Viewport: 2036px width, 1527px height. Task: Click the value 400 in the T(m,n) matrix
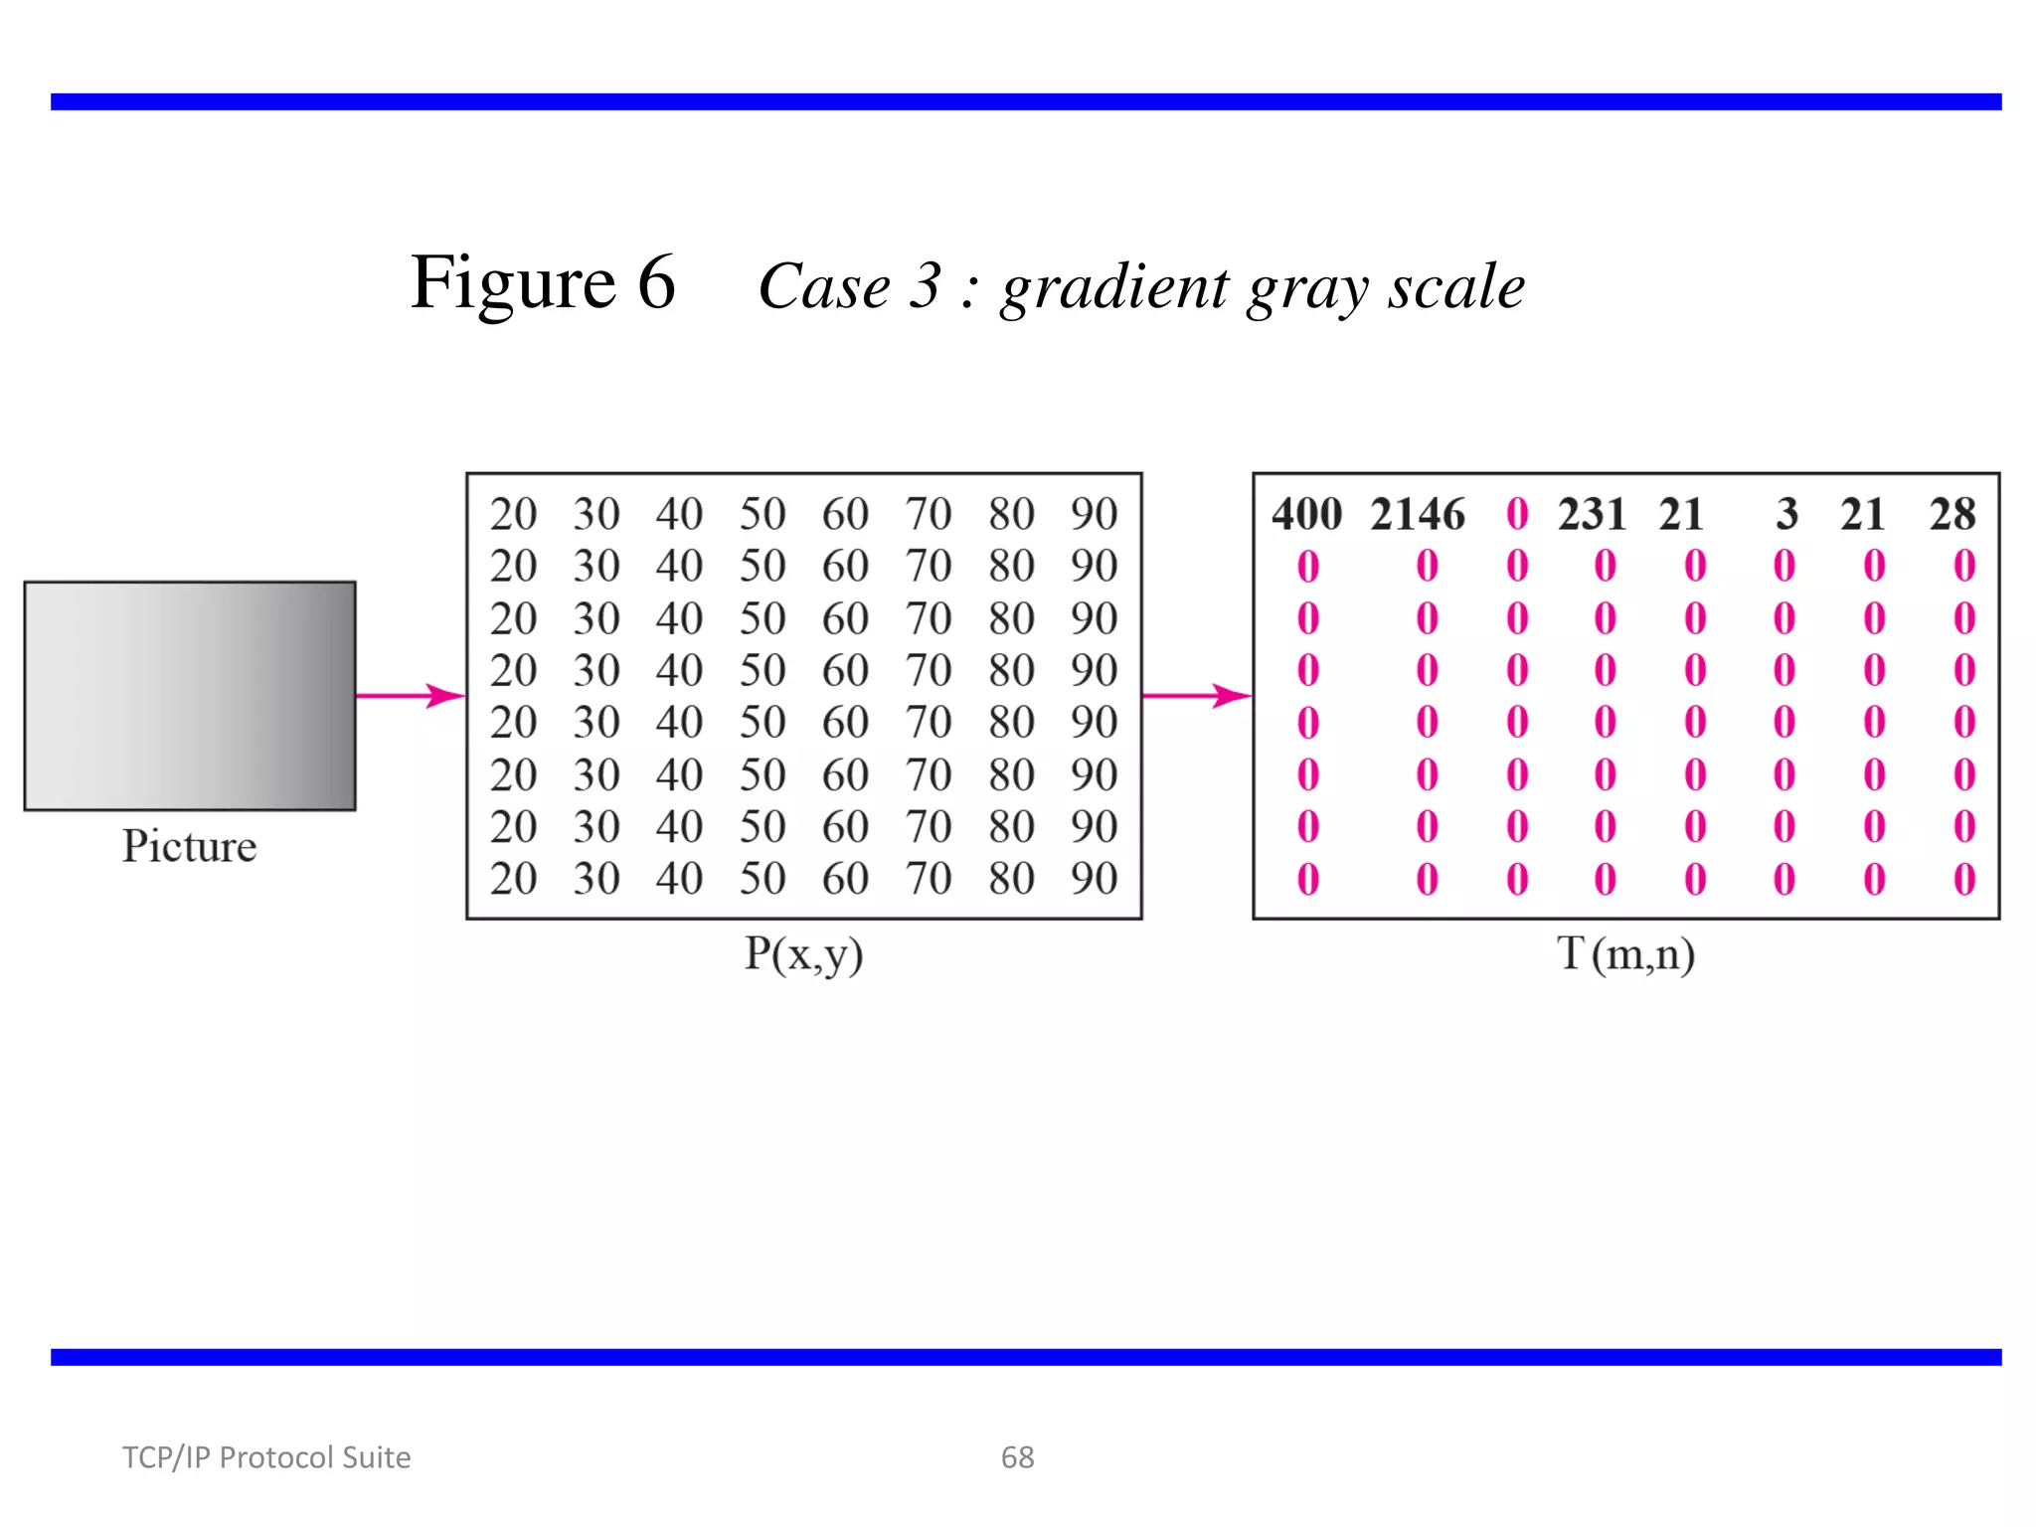click(x=1306, y=515)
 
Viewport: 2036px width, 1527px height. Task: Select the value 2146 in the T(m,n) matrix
click(x=1418, y=515)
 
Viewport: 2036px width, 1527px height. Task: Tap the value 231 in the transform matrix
click(x=1592, y=515)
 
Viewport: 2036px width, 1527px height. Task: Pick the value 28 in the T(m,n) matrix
click(x=1952, y=515)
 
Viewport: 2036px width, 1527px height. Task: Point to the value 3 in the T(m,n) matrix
click(x=1786, y=515)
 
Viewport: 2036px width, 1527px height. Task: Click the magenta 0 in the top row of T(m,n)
click(x=1517, y=515)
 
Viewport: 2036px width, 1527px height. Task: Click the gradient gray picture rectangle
click(x=190, y=696)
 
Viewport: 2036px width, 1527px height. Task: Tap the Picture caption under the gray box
click(x=189, y=847)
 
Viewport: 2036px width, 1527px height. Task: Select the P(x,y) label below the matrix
click(x=803, y=954)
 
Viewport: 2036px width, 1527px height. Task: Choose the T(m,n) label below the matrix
click(x=1625, y=954)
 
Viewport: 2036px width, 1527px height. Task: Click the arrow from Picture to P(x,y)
click(x=411, y=696)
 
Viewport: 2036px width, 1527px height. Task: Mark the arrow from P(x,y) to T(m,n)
click(x=1197, y=696)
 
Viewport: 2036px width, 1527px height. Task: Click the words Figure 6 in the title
click(x=543, y=283)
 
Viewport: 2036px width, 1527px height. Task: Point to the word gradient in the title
click(x=1114, y=288)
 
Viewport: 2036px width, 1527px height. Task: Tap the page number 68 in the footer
click(x=1017, y=1457)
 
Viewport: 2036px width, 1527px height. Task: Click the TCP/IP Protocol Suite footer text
click(x=266, y=1457)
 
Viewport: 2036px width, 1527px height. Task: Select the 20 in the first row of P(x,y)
click(x=513, y=515)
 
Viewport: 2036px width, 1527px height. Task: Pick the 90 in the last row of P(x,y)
click(x=1094, y=879)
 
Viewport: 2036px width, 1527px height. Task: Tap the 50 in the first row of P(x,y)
click(x=763, y=515)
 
